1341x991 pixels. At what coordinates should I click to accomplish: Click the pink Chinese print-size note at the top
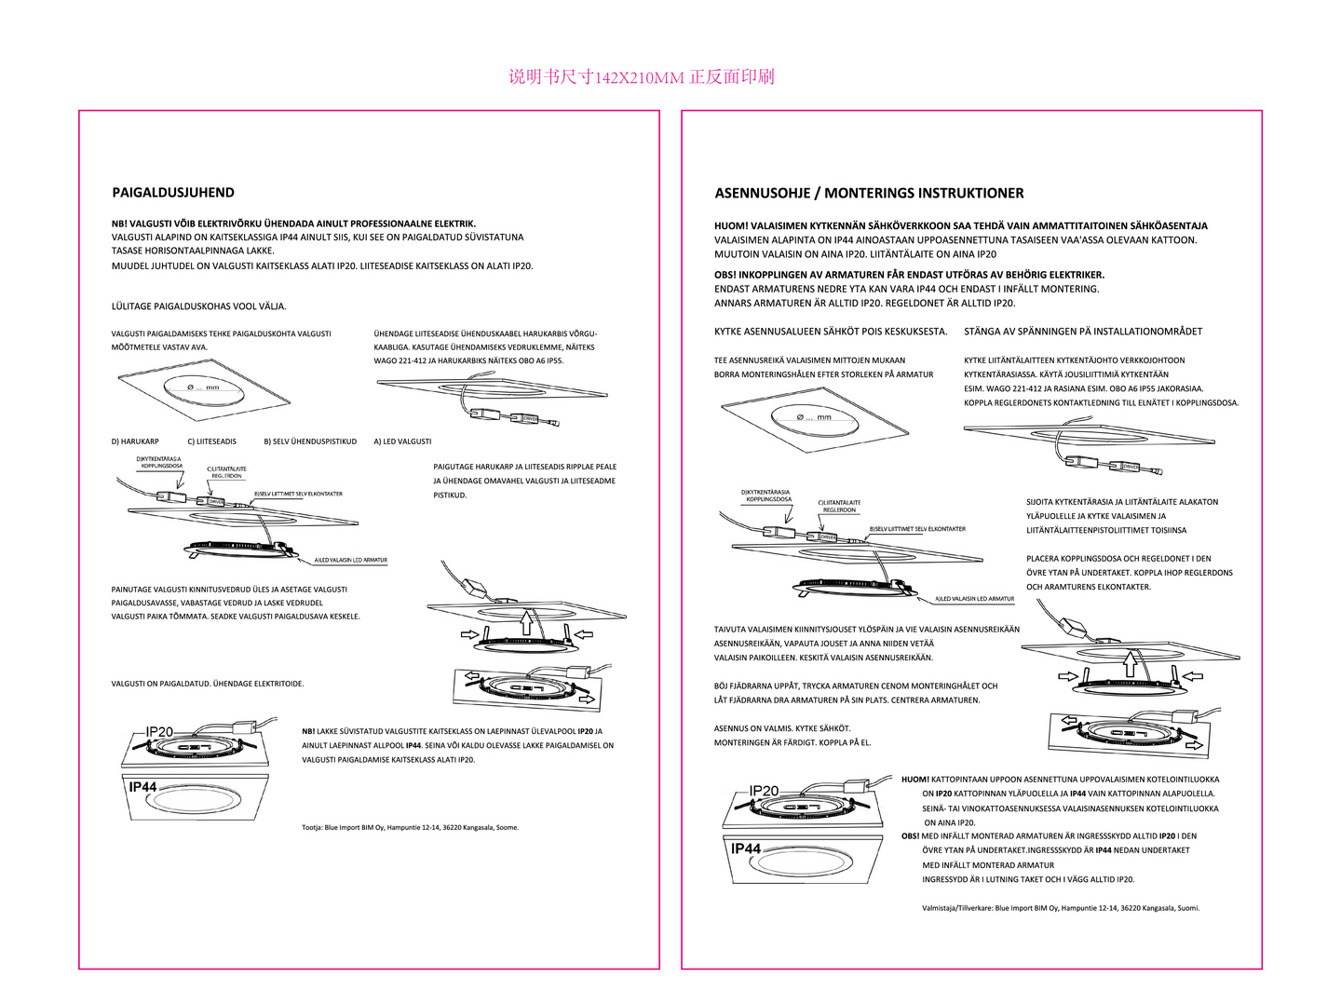(x=642, y=77)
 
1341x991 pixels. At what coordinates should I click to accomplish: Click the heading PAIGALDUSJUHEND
(x=173, y=193)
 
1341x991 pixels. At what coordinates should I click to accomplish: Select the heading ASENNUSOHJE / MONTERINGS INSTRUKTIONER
(x=869, y=194)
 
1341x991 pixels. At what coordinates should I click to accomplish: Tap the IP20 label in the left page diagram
(x=159, y=732)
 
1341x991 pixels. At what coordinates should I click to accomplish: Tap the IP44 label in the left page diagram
(x=142, y=787)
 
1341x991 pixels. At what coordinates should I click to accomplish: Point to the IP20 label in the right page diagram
(x=764, y=791)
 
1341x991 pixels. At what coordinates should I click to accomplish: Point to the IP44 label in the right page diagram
(x=746, y=848)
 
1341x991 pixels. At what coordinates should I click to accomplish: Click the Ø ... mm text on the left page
(x=203, y=387)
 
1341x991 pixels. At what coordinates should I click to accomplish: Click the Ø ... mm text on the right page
(x=814, y=417)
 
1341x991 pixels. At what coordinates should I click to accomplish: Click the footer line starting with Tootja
(x=410, y=827)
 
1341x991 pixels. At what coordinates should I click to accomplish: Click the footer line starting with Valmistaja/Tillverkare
(x=1061, y=908)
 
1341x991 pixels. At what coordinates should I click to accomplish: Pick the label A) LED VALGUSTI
(x=402, y=441)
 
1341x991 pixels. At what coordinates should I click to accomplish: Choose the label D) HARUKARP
(x=135, y=441)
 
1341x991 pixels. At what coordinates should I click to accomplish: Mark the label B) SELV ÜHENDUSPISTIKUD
(x=310, y=441)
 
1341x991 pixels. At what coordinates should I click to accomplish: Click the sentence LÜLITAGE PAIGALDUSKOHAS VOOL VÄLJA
(x=199, y=306)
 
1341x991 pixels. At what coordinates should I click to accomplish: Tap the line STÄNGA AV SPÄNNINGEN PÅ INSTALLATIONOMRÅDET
(x=1083, y=332)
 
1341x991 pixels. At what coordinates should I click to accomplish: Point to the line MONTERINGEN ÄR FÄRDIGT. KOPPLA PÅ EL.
(x=792, y=743)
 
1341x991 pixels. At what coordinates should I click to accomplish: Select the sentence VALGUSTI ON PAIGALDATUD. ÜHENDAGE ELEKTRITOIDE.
(x=208, y=684)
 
